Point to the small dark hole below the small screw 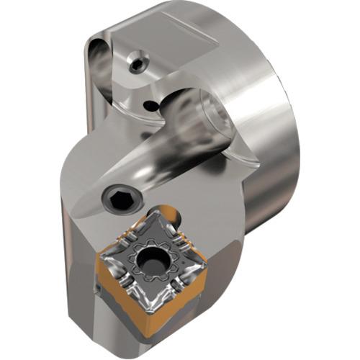[x=150, y=106]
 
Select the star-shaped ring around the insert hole [x=153, y=248]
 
